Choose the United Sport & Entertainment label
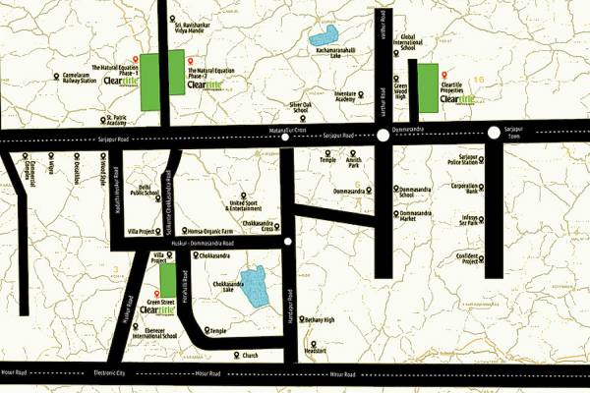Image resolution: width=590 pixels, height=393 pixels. [245, 204]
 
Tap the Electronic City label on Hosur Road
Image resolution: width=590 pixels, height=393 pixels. [110, 374]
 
